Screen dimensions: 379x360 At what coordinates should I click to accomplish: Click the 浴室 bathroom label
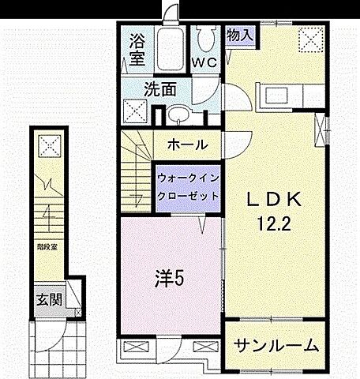tap(137, 48)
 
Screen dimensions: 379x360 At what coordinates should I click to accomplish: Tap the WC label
tap(206, 62)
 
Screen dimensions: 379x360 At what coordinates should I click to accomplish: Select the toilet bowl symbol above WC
tap(207, 36)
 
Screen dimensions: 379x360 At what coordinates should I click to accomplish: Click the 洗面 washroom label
tap(159, 88)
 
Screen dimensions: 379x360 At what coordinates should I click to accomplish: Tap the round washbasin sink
tap(178, 117)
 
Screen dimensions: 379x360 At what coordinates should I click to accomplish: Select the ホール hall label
tap(188, 144)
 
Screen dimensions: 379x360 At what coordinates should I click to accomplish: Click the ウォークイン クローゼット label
tap(188, 186)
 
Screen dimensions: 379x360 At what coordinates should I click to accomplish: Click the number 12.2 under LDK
tap(275, 223)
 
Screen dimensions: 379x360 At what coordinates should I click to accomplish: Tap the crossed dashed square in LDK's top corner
tap(309, 38)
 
